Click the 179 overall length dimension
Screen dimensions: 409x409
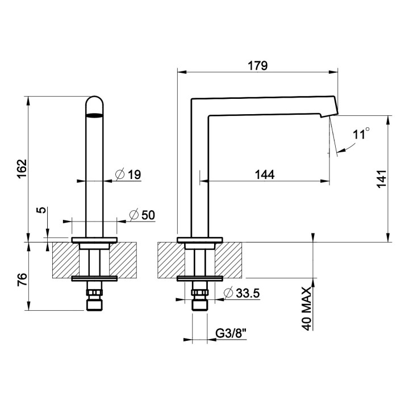(257, 65)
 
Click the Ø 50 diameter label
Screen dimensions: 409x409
(142, 215)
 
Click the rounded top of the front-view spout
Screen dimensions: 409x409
(95, 105)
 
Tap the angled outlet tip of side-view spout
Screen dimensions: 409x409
(330, 110)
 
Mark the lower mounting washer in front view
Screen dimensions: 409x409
(94, 278)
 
